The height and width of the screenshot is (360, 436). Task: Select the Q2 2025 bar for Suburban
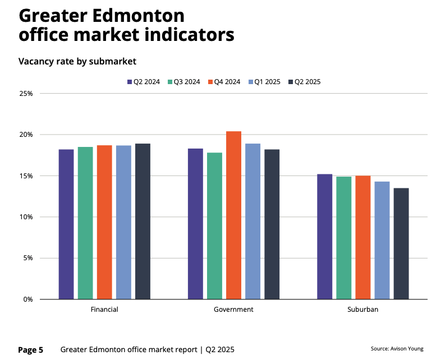pyautogui.click(x=401, y=243)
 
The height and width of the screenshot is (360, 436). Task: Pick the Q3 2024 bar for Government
pyautogui.click(x=214, y=225)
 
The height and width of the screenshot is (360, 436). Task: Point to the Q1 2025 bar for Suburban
pyautogui.click(x=382, y=240)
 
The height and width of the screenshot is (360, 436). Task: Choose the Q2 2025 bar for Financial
pyautogui.click(x=143, y=221)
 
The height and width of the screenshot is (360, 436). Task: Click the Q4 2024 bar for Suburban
pyautogui.click(x=362, y=237)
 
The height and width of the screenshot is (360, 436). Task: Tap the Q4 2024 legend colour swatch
pyautogui.click(x=211, y=82)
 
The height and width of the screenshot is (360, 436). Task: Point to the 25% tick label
pyautogui.click(x=26, y=94)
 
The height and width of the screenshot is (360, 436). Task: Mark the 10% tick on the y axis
pyautogui.click(x=26, y=217)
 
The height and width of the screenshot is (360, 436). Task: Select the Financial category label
pyautogui.click(x=104, y=310)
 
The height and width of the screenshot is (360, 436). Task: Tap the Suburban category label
pyautogui.click(x=362, y=310)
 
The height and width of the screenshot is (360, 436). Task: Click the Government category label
pyautogui.click(x=233, y=310)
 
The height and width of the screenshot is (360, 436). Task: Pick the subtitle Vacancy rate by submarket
pyautogui.click(x=77, y=61)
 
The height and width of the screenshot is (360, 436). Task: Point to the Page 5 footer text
pyautogui.click(x=31, y=350)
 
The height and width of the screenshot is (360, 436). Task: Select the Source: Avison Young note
pyautogui.click(x=397, y=348)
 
